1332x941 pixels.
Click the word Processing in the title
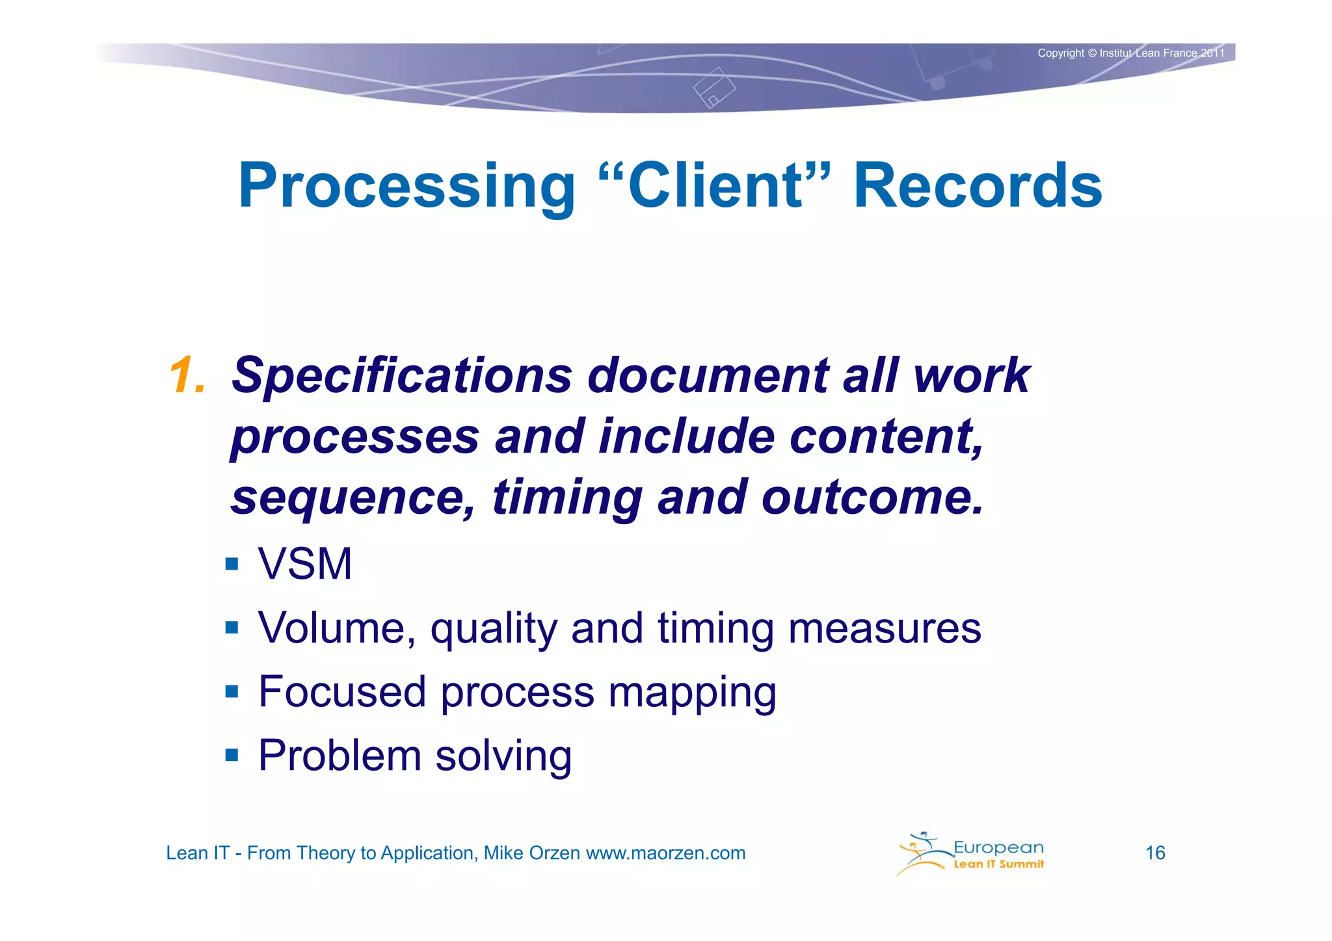[406, 187]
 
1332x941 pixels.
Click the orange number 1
[187, 375]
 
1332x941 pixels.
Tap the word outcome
[872, 497]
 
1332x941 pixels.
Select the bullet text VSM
[305, 563]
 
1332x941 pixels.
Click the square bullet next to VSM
[232, 563]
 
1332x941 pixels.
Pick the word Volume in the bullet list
[336, 628]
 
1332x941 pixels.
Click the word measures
[884, 628]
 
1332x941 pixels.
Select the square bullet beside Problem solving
[232, 755]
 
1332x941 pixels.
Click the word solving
[503, 756]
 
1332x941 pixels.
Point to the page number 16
[1155, 853]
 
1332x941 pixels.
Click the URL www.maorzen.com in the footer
[665, 853]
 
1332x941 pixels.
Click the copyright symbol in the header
[1092, 53]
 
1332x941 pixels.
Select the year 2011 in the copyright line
[1212, 53]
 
